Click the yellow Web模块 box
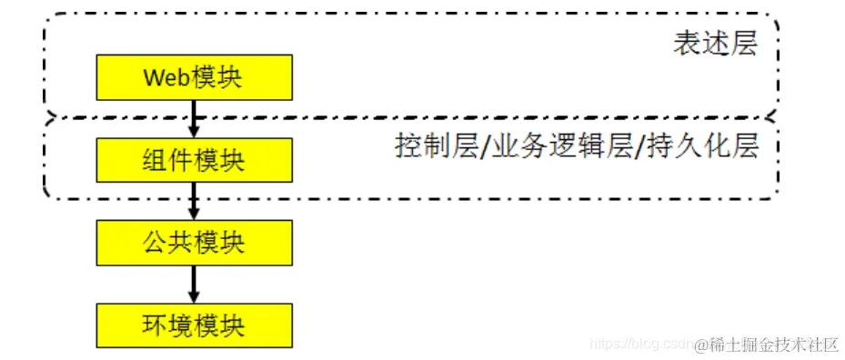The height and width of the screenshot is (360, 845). [x=194, y=77]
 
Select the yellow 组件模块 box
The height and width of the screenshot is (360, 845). [x=194, y=160]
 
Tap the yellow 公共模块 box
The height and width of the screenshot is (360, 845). [x=194, y=243]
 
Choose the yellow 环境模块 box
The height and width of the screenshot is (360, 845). [x=194, y=325]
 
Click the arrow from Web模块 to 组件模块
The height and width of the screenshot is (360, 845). [x=194, y=118]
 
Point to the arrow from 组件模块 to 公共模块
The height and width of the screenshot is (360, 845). [x=194, y=201]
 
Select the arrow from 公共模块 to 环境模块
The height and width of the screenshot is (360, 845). [x=194, y=284]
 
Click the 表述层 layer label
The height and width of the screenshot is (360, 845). [x=715, y=44]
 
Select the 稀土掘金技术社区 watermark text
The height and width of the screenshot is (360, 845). [x=773, y=345]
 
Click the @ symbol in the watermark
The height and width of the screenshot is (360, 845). [x=701, y=345]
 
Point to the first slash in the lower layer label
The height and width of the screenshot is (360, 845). [x=483, y=146]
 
